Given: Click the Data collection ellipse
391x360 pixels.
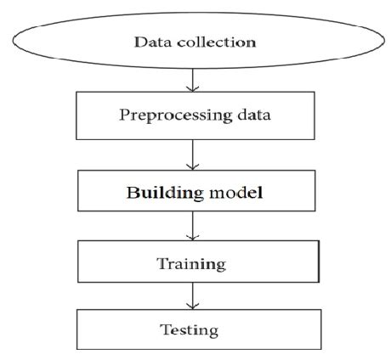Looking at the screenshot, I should (x=195, y=41).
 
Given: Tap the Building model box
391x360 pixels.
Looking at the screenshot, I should (x=196, y=191).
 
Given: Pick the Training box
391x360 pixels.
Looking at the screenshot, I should (x=196, y=262).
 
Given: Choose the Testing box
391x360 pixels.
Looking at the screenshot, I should (x=196, y=328).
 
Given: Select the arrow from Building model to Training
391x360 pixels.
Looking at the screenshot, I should (x=196, y=226).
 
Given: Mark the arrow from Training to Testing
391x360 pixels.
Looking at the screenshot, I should (x=196, y=295).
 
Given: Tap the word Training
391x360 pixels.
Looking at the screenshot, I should (x=191, y=264).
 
